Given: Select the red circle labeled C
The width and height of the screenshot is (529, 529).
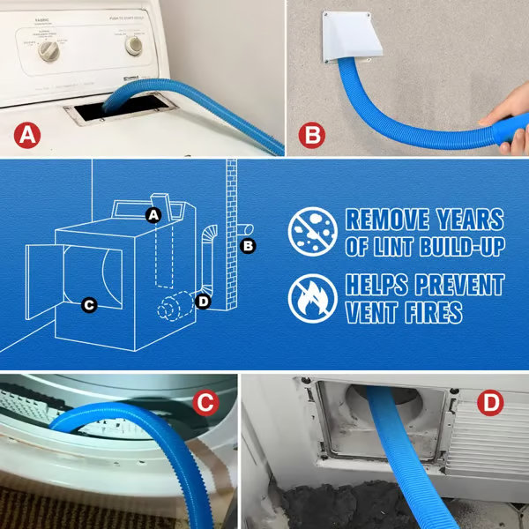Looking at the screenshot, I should pos(205,404).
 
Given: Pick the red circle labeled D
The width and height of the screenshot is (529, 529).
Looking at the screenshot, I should pos(490,404).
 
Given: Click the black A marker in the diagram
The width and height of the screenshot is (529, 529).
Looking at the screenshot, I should pos(153,214).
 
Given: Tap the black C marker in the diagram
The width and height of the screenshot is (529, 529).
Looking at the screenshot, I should pos(88,305).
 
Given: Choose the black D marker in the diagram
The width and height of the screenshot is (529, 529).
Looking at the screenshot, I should pos(204,302).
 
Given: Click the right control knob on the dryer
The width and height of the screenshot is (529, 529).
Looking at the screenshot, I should pos(134,45).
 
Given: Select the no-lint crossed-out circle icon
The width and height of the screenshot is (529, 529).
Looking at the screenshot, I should pos(313,232).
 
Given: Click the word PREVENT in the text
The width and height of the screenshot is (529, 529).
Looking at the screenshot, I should pos(455,286).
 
